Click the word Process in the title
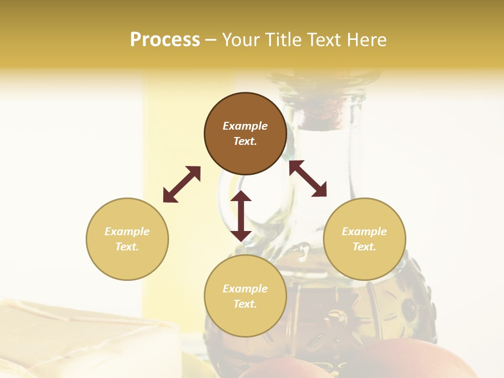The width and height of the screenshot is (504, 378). point(165,40)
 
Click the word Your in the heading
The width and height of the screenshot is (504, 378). point(241,40)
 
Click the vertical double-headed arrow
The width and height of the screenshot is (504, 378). point(241,216)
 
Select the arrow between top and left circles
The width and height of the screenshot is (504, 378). point(182,184)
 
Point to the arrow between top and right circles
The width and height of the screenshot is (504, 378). point(308,178)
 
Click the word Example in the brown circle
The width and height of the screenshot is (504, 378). point(245,126)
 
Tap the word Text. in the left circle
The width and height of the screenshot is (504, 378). point(127,247)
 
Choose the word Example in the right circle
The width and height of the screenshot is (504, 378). point(364,232)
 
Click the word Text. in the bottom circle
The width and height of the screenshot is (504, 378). point(245,304)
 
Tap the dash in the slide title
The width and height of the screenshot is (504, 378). point(211,40)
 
